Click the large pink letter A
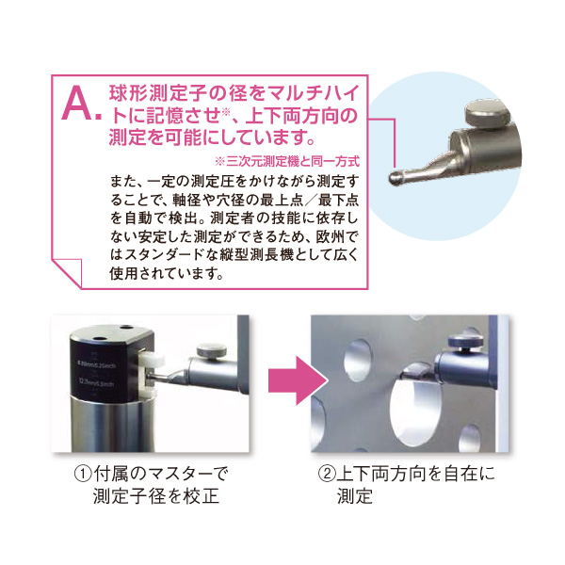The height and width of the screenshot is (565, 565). [77, 105]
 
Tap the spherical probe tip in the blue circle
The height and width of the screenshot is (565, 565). [395, 178]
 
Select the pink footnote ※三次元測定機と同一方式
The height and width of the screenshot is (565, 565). [287, 161]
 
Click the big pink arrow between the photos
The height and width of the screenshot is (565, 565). [298, 380]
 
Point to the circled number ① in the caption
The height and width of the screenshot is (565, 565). [83, 474]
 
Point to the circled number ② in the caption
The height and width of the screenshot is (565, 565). [327, 474]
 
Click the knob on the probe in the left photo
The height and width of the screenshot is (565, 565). [212, 351]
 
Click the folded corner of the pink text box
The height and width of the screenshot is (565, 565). [67, 272]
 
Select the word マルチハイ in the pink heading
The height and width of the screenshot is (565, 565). [314, 93]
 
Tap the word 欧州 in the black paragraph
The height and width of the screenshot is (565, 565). [329, 236]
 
